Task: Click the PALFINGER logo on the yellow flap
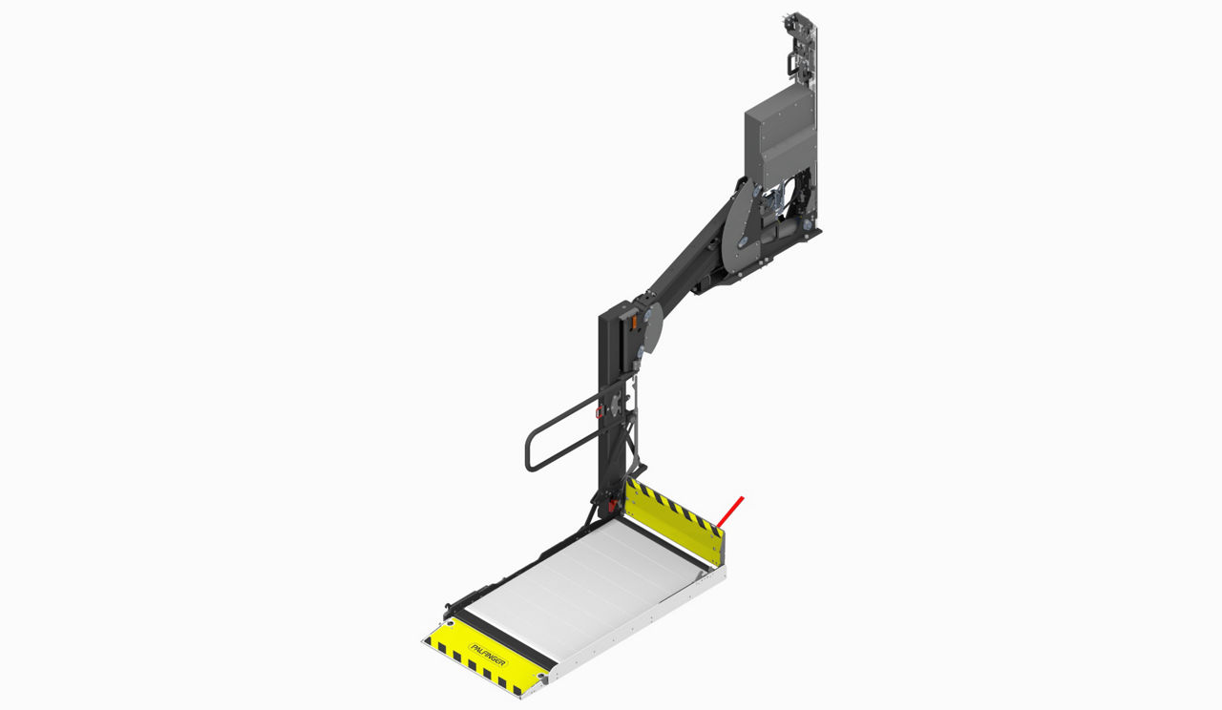488,655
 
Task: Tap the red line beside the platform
730,512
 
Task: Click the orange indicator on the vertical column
634,323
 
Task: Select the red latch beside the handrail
599,410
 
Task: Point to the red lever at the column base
613,505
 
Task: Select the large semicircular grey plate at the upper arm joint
742,224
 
